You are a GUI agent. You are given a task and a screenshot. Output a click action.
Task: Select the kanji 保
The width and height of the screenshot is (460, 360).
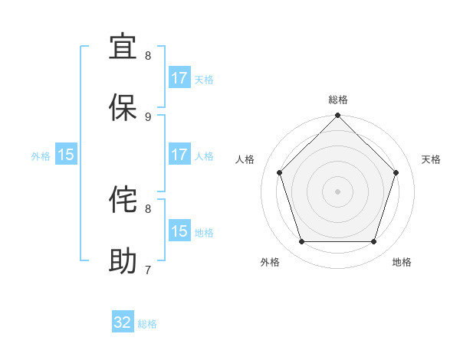(123, 108)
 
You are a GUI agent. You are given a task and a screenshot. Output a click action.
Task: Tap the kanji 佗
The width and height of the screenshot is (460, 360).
(123, 200)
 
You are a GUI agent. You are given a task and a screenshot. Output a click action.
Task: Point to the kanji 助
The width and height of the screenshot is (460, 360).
(123, 261)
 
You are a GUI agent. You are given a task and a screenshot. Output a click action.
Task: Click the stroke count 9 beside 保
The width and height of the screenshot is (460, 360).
(148, 116)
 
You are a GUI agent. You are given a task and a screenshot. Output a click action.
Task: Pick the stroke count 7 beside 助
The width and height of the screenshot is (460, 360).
(148, 270)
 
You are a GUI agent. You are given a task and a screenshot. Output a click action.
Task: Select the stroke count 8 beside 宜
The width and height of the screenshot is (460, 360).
(148, 55)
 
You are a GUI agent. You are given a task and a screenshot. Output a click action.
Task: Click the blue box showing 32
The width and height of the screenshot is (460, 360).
(123, 322)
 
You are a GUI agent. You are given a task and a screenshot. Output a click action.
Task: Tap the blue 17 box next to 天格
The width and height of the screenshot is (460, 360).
(179, 78)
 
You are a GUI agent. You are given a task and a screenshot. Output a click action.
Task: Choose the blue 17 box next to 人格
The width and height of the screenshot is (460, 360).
(179, 155)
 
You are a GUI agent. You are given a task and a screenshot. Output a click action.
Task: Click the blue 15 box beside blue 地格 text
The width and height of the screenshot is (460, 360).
(179, 231)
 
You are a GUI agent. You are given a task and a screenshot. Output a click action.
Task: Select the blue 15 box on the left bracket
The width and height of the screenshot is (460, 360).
(66, 155)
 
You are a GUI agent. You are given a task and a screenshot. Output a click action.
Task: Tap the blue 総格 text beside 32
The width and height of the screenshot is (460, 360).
(147, 324)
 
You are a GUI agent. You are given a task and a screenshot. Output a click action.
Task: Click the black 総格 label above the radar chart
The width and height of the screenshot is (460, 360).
(338, 100)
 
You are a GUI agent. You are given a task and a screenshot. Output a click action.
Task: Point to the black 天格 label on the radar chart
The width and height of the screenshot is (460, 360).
(432, 159)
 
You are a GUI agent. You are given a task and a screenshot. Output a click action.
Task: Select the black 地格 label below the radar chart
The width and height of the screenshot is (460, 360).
(402, 262)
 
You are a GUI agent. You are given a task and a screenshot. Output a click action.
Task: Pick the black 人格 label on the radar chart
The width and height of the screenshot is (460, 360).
(245, 159)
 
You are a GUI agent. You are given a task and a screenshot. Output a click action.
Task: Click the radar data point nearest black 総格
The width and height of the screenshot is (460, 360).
(338, 116)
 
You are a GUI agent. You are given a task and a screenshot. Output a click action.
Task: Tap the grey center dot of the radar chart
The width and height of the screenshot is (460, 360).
(338, 191)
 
